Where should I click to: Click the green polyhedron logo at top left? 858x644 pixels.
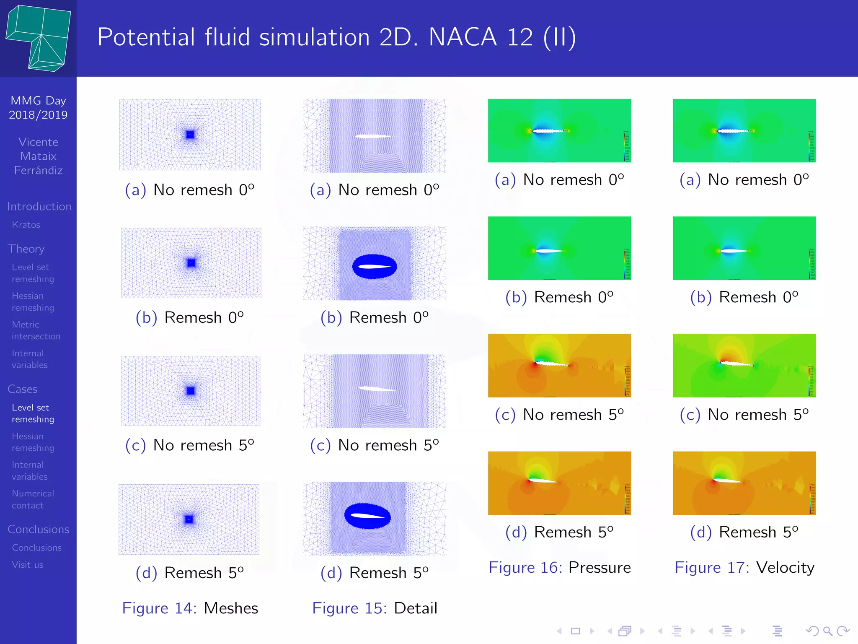[x=39, y=38]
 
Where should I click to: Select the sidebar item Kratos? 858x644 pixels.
[x=26, y=225]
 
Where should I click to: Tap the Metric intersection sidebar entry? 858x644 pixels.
[x=36, y=330]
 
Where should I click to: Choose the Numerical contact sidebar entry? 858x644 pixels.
[x=33, y=499]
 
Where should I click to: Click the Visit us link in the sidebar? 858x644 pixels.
[x=28, y=565]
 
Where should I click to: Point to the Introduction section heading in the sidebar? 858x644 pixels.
[x=39, y=206]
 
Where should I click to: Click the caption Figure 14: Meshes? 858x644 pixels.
[x=190, y=608]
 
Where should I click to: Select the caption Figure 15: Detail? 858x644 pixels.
[x=375, y=608]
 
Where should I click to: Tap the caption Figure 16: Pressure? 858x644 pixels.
[x=559, y=567]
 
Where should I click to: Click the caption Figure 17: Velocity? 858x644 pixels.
[x=744, y=567]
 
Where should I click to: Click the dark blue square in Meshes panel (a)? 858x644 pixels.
[x=190, y=135]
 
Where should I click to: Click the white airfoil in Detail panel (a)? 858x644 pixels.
[x=372, y=136]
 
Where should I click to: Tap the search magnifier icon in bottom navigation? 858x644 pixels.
[x=827, y=631]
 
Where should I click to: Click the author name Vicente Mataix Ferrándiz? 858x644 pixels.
[x=38, y=156]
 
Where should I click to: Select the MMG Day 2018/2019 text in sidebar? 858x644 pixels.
[x=38, y=108]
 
